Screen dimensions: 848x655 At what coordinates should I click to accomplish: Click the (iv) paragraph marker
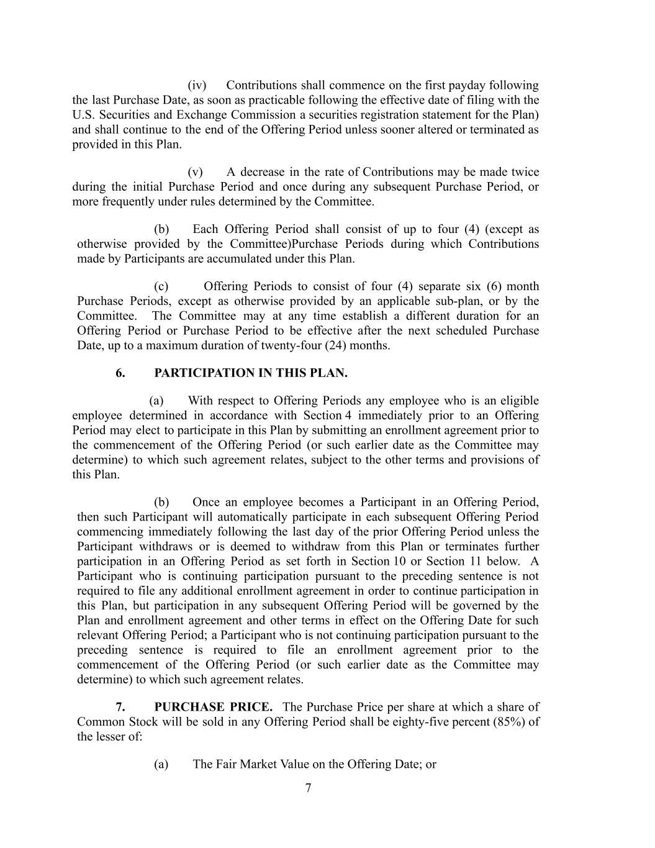click(x=197, y=85)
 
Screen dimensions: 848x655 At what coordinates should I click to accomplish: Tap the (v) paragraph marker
click(x=195, y=172)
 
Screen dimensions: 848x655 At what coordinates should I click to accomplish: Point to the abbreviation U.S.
click(x=83, y=115)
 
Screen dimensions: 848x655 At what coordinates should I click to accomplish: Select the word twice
click(x=525, y=172)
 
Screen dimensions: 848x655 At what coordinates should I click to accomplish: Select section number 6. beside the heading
click(x=120, y=373)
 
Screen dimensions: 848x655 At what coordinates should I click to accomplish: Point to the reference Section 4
click(x=328, y=416)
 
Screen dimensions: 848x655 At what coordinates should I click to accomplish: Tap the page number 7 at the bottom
click(x=309, y=788)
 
